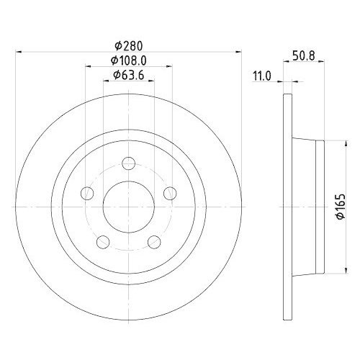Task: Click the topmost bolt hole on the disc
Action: (129, 162)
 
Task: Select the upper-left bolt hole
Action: (87, 192)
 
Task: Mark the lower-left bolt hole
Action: (103, 240)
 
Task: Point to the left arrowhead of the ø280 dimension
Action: (19, 51)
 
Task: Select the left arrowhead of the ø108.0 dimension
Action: (89, 66)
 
